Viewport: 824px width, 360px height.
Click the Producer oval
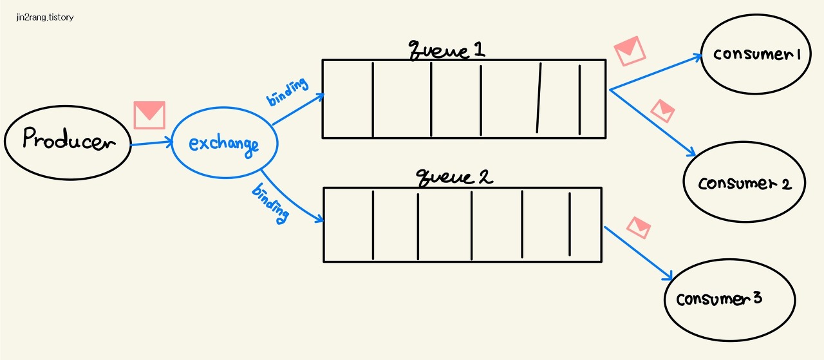pyautogui.click(x=68, y=142)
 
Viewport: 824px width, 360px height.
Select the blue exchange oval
pyautogui.click(x=223, y=143)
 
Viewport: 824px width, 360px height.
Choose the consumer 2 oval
pyautogui.click(x=744, y=183)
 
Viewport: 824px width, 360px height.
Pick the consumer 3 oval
pyautogui.click(x=720, y=299)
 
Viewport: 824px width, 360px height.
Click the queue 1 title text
pyautogui.click(x=447, y=50)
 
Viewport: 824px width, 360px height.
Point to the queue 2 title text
pyautogui.click(x=454, y=177)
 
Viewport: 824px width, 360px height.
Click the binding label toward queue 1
pyautogui.click(x=287, y=91)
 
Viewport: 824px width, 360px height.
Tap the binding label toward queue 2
pyautogui.click(x=270, y=203)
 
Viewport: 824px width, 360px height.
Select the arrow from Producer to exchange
pyautogui.click(x=152, y=144)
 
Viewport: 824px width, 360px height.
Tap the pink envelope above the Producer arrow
pyautogui.click(x=149, y=115)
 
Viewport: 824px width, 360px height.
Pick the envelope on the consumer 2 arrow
pyautogui.click(x=662, y=111)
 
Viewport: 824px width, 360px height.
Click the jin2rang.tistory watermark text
pyautogui.click(x=45, y=17)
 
